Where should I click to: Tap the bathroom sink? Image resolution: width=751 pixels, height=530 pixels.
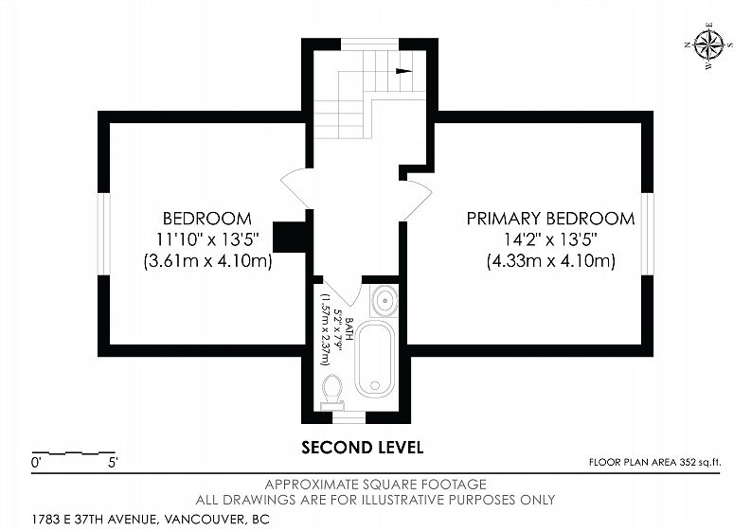(384, 301)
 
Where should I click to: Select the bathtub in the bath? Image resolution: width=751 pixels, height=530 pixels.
(375, 359)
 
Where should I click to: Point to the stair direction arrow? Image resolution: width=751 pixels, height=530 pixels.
(403, 71)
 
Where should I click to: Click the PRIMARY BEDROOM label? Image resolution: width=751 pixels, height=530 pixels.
(551, 219)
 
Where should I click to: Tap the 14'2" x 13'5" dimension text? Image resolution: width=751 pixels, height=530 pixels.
(551, 238)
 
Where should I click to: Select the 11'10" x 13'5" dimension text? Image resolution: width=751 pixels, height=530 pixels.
(207, 238)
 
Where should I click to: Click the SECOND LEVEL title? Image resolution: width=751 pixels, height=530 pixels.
(363, 448)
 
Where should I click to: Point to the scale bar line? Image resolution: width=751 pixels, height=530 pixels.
(73, 452)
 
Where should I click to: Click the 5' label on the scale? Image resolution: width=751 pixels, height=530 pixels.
(113, 463)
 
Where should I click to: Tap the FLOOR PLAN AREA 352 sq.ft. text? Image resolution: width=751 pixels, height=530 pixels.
(654, 463)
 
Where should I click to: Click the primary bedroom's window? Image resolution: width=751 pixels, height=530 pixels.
(648, 234)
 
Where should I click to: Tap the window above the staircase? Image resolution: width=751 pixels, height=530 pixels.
(369, 44)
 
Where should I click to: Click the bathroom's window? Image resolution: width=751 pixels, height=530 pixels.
(349, 417)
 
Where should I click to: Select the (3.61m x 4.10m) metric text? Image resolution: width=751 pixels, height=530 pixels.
(207, 261)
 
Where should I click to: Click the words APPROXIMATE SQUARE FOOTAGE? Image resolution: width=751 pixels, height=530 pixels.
(375, 484)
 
